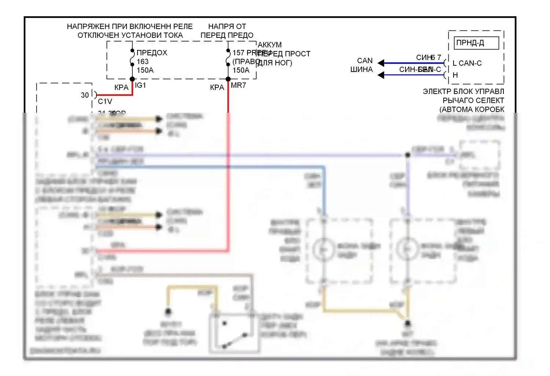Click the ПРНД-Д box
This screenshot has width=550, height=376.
(x=476, y=43)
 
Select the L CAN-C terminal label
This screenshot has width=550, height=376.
(x=467, y=63)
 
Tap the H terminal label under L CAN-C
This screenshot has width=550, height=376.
(x=455, y=75)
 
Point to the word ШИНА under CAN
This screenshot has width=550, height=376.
(x=361, y=69)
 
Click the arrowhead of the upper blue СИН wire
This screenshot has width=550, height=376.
(x=381, y=63)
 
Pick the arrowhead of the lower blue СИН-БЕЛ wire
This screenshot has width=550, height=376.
(x=381, y=75)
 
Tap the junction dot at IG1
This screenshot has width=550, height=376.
(x=132, y=79)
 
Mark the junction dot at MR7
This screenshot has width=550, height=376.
(x=228, y=79)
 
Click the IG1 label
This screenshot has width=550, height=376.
(x=140, y=85)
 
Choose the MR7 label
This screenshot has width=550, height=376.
(x=238, y=85)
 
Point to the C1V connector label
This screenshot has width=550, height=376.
(x=105, y=101)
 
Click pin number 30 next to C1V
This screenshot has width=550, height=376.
(x=85, y=95)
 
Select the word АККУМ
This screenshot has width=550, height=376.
(x=269, y=45)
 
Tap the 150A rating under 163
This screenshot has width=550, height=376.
(x=145, y=70)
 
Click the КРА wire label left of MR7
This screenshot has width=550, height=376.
(x=217, y=87)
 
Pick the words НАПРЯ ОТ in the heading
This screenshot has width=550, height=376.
(x=227, y=26)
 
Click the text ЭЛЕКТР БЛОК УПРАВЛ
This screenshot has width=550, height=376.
(x=463, y=91)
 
